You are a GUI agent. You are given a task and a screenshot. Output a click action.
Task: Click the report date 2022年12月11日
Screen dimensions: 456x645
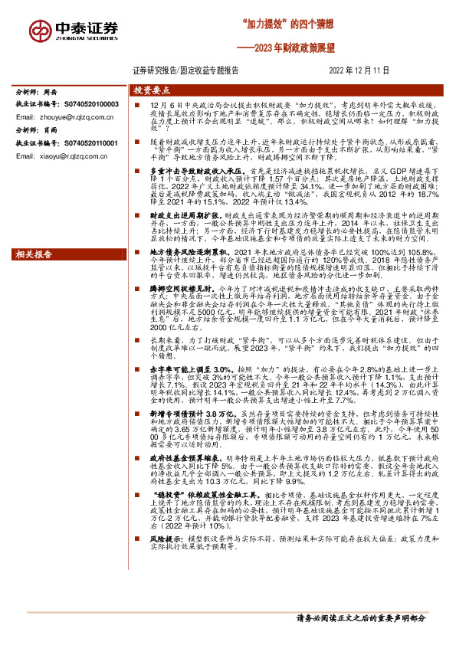[359, 70]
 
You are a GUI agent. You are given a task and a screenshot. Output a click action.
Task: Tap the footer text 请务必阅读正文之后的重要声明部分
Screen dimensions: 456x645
[361, 617]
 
